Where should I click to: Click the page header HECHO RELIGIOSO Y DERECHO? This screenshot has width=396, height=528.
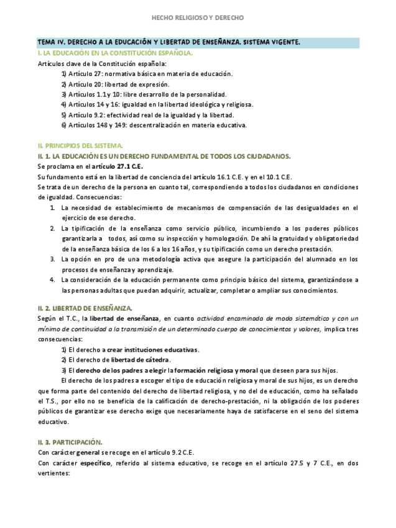[198, 18]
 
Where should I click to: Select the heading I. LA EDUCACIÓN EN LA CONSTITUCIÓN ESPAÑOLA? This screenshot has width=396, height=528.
[115, 53]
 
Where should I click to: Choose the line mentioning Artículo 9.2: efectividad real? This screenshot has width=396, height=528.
[147, 115]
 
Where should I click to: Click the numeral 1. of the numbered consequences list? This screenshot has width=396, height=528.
[53, 207]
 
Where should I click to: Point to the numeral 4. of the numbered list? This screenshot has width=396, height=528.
[53, 280]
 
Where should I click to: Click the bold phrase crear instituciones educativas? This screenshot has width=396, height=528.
[152, 349]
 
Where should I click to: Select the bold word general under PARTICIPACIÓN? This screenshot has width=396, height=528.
[86, 453]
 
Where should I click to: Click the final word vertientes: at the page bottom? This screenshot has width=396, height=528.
[54, 473]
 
